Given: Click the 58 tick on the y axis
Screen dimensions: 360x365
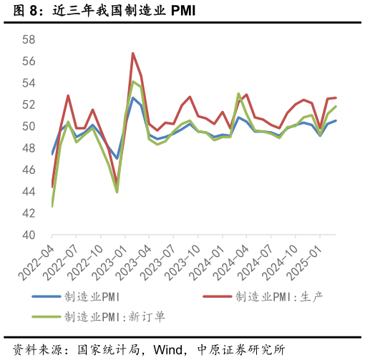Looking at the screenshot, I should [29, 39].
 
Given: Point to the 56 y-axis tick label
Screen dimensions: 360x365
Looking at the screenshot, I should [29, 62].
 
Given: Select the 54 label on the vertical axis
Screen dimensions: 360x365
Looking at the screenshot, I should [29, 83].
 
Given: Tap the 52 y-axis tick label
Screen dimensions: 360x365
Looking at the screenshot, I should [29, 104].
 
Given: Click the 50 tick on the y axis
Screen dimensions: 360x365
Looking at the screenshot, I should [29, 127].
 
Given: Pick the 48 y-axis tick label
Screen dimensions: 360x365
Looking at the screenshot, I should [29, 148].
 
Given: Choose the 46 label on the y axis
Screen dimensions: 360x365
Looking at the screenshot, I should [29, 170].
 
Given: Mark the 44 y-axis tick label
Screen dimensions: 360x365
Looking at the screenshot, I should [29, 192].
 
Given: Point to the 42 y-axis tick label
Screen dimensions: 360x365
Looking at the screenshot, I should [29, 213].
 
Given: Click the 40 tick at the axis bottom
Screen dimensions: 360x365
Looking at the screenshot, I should [29, 235].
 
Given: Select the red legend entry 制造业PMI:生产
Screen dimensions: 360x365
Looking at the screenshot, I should [280, 296].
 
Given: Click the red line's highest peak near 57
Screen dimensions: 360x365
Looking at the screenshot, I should [133, 53].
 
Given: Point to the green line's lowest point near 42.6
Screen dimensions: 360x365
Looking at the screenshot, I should [52, 206].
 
